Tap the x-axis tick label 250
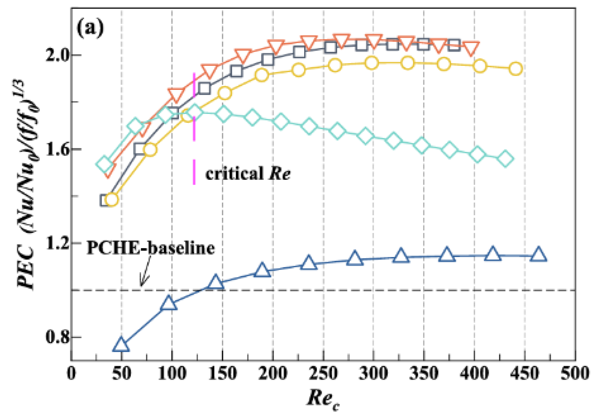[x=323, y=374]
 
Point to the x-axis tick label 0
[x=71, y=374]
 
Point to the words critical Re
[x=248, y=174]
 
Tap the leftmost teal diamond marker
[x=104, y=164]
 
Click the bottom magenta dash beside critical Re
[x=194, y=172]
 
